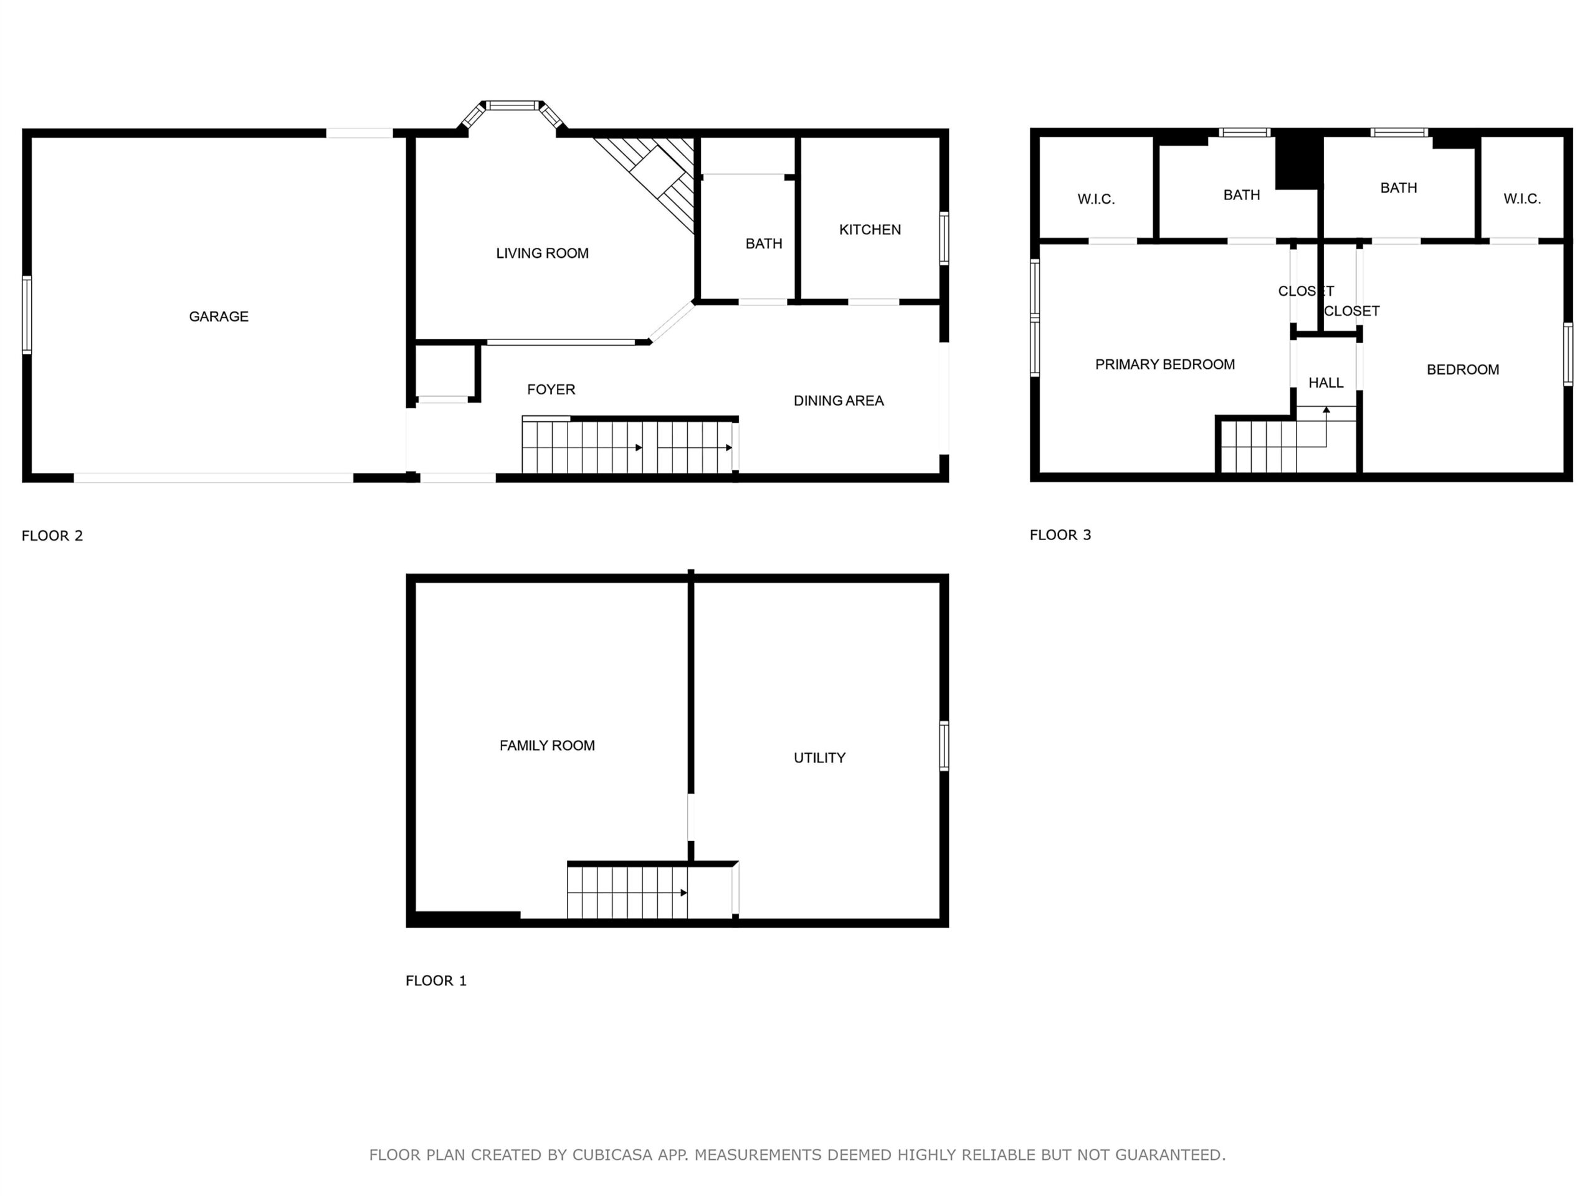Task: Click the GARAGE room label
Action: pyautogui.click(x=219, y=316)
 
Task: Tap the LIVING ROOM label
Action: pyautogui.click(x=542, y=253)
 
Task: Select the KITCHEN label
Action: pyautogui.click(x=870, y=230)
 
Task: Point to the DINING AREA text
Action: pyautogui.click(x=839, y=401)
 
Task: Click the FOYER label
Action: pyautogui.click(x=551, y=390)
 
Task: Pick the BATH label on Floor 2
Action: pyautogui.click(x=764, y=244)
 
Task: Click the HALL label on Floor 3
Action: pyautogui.click(x=1326, y=383)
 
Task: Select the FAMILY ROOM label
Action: pyautogui.click(x=547, y=746)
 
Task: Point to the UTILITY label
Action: pyautogui.click(x=819, y=757)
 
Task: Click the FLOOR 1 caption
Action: pyautogui.click(x=436, y=980)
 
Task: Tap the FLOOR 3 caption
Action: pyautogui.click(x=1060, y=535)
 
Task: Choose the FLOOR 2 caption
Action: pyautogui.click(x=52, y=536)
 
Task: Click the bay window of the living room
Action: pyautogui.click(x=512, y=106)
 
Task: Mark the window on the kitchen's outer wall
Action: pyautogui.click(x=944, y=239)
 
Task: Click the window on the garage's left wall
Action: pyautogui.click(x=27, y=315)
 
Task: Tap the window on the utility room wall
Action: pyautogui.click(x=944, y=746)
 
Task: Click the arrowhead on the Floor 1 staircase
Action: pyautogui.click(x=683, y=893)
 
